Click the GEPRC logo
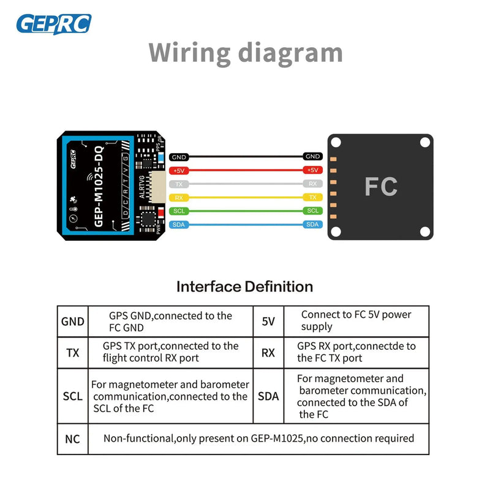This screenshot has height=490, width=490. pyautogui.click(x=54, y=24)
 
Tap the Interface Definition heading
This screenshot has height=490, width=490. pyautogui.click(x=244, y=286)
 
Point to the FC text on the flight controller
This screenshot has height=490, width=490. pyautogui.click(x=380, y=186)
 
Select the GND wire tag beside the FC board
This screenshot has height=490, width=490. pyautogui.click(x=312, y=157)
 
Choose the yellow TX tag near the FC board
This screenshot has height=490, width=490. pyautogui.click(x=312, y=197)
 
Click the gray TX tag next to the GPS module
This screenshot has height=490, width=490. pyautogui.click(x=179, y=184)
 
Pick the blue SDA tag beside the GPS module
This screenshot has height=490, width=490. pyautogui.click(x=179, y=224)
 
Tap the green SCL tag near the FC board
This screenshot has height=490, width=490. pyautogui.click(x=312, y=211)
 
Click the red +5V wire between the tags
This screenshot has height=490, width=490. pyautogui.click(x=245, y=170)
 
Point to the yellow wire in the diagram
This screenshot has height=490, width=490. pyautogui.click(x=245, y=197)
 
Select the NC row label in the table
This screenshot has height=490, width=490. pyautogui.click(x=72, y=439)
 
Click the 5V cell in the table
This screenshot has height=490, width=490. pyautogui.click(x=268, y=321)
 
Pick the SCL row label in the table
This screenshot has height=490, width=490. pyautogui.click(x=72, y=396)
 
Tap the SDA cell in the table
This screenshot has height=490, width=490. pyautogui.click(x=268, y=396)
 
